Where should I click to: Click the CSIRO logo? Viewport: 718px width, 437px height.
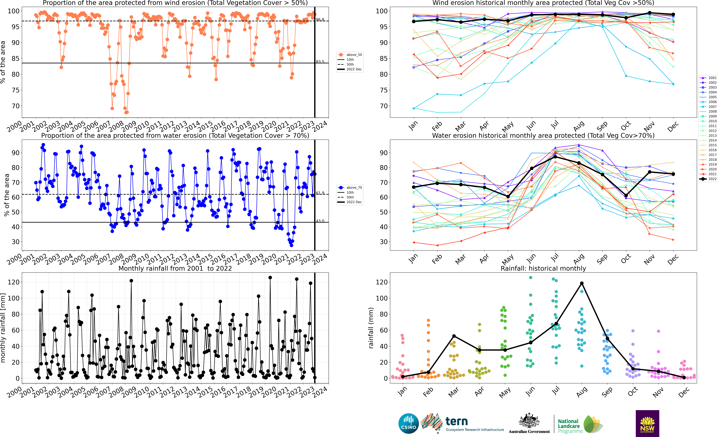(x=409, y=423)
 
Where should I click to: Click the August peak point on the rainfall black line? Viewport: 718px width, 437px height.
(x=582, y=283)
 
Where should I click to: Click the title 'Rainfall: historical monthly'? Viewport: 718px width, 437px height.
(x=543, y=268)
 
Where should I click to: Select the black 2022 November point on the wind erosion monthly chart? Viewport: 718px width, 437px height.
(x=650, y=13)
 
